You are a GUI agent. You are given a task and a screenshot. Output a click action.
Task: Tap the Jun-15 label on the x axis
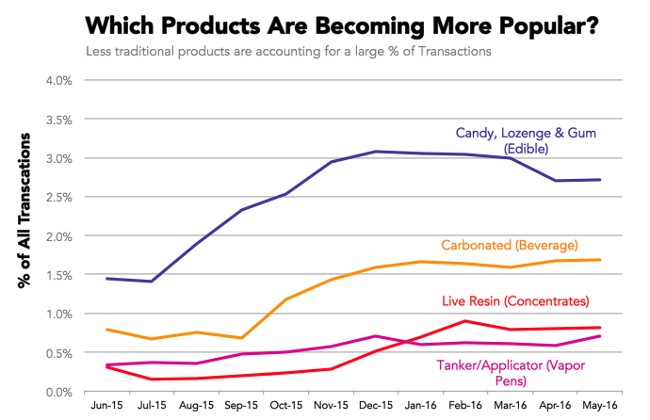click(x=106, y=408)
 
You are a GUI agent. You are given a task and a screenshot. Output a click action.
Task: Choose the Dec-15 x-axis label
click(x=349, y=408)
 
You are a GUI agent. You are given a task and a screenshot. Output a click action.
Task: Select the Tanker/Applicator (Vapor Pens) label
click(x=508, y=374)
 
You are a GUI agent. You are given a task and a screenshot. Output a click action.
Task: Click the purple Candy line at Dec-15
click(x=349, y=152)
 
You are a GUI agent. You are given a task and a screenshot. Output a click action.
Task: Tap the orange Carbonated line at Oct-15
click(x=285, y=299)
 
